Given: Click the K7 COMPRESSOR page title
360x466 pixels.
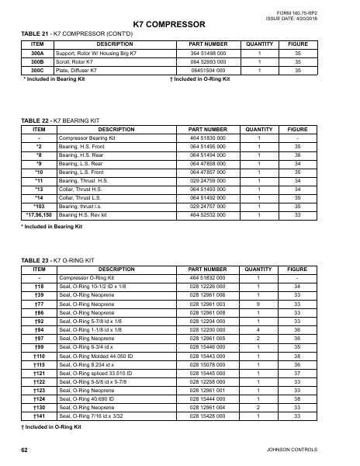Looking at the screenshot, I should click(168, 26).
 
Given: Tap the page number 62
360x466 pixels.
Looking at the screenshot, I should click(25, 450).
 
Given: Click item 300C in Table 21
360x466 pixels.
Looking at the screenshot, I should click(36, 70).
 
